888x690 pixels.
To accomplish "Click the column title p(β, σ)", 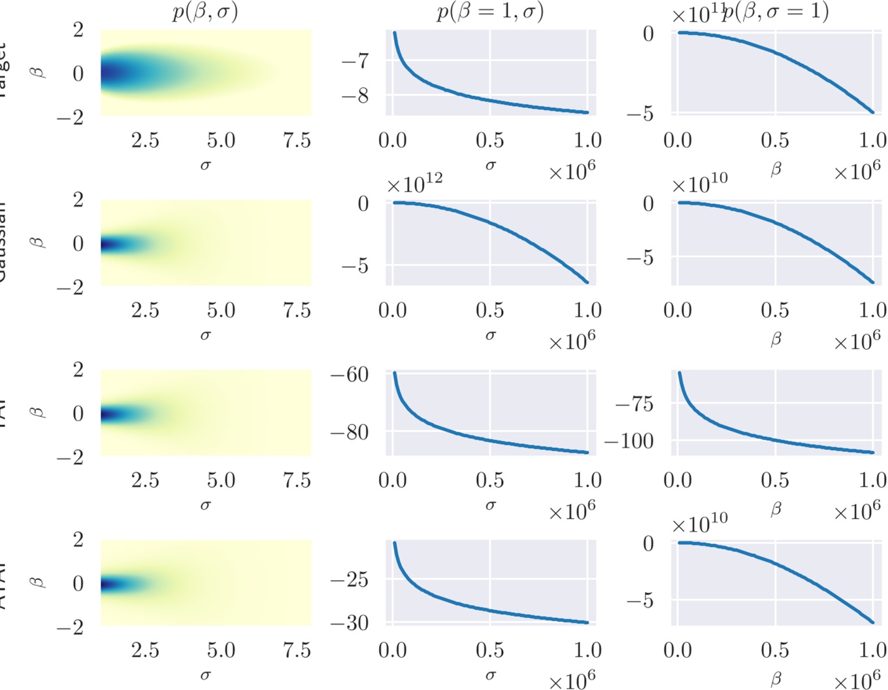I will [x=205, y=12].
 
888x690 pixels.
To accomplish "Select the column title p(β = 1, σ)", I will [x=490, y=12].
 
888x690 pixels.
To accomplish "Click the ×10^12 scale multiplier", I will [x=414, y=184].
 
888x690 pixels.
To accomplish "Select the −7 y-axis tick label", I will [x=355, y=62].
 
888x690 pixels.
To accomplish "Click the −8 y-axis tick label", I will [x=355, y=96].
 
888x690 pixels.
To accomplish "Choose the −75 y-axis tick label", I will [x=634, y=404].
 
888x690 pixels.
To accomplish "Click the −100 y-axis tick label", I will [x=629, y=441].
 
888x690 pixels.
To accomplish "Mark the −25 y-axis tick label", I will [x=350, y=580].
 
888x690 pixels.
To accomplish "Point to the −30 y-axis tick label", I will [x=350, y=623].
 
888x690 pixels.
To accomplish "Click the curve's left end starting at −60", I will [x=395, y=373].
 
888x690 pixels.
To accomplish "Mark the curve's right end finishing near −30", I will [x=587, y=622].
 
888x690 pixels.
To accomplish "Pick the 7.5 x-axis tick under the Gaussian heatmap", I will [x=297, y=310].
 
